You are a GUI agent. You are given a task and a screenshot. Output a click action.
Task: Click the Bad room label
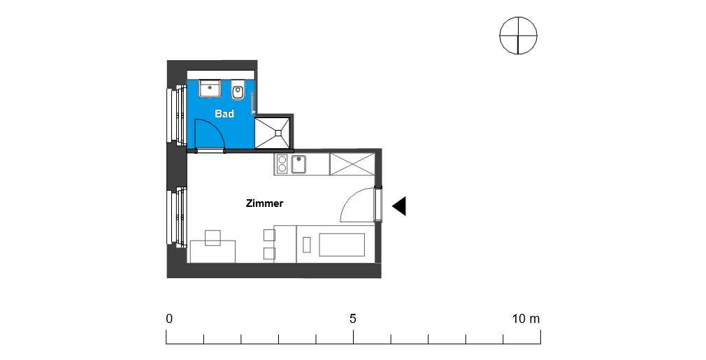224,114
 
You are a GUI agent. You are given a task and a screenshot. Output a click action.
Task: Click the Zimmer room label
264,203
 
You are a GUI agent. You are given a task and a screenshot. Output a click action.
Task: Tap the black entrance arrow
399,206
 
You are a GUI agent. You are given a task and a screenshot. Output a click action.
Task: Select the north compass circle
518,36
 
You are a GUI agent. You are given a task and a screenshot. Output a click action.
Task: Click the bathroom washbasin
210,89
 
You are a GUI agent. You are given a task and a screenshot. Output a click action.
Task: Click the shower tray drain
278,133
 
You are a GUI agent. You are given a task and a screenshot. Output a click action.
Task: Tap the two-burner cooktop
282,164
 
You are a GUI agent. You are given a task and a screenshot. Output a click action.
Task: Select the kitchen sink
298,164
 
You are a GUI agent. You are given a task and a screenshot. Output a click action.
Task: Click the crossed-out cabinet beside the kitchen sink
352,164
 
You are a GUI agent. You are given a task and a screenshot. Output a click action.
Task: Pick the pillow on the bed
307,245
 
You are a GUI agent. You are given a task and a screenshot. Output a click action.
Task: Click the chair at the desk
212,238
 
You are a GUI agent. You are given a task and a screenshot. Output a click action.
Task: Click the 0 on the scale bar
169,319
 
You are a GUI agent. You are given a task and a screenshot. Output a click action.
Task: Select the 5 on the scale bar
353,319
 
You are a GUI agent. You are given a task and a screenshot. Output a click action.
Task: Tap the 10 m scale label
526,319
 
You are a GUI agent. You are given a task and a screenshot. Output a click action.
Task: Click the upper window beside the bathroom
176,115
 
